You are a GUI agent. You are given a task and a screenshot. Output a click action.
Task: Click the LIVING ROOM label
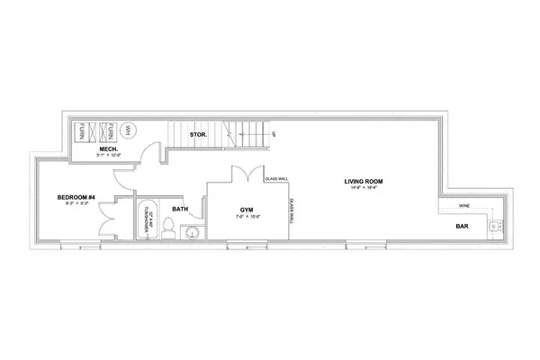tap(364, 182)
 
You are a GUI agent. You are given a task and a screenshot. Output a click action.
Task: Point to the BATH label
tap(180, 209)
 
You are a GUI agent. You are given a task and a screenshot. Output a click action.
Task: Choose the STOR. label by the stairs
tap(200, 136)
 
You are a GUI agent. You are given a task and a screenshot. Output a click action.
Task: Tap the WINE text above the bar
tap(463, 206)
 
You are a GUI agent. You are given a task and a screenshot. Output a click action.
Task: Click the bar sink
tap(492, 226)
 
